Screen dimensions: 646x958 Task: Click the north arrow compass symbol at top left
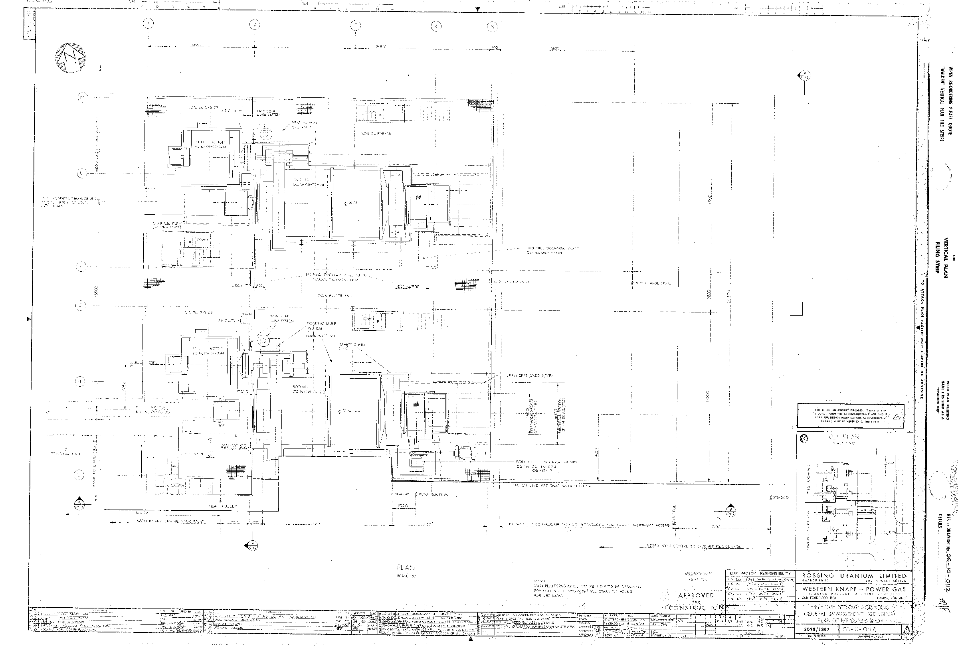pos(70,58)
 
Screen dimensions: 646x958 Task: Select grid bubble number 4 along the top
pos(436,27)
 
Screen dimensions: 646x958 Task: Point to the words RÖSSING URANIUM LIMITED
pos(854,575)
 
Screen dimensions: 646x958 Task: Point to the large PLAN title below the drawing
pos(406,567)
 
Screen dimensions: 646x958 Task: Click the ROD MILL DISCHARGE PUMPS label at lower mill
pos(546,462)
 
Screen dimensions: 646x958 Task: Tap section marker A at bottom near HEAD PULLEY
pos(252,545)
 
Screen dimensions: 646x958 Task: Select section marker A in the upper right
pos(804,75)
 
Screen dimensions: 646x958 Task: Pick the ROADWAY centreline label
pos(782,498)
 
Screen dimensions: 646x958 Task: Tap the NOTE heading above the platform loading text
pos(539,581)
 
